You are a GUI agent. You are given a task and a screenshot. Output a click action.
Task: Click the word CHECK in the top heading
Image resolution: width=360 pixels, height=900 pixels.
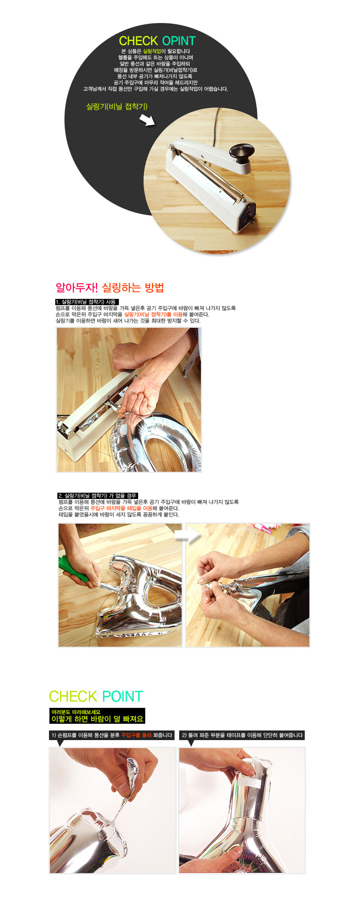coord(138,41)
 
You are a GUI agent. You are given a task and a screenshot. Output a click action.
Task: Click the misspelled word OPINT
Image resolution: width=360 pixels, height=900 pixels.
coord(179,41)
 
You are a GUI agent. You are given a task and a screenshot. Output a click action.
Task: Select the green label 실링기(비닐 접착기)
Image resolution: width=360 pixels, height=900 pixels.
coord(117,107)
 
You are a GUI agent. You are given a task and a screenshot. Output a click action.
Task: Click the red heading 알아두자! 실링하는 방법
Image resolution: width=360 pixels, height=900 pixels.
coord(110,288)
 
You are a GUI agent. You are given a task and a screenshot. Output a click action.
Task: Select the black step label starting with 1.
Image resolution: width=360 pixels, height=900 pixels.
coord(87,302)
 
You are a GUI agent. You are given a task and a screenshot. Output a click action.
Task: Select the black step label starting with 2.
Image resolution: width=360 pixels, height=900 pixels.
coord(98,496)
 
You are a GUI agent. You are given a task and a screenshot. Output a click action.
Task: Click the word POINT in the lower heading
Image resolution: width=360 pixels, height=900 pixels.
coord(123,697)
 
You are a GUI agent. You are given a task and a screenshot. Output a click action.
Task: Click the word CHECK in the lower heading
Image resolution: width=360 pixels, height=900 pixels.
coord(73,697)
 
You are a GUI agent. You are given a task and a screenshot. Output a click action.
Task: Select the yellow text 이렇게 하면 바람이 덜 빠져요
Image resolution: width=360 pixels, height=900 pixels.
coord(97,719)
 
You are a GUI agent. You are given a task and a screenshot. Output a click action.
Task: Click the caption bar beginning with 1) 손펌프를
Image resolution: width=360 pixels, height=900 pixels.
coord(112,735)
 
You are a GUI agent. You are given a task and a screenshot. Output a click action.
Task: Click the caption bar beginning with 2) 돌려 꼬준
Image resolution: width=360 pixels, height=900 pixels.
coord(242,735)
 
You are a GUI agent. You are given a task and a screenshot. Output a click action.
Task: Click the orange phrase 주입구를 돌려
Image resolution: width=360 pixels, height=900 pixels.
coord(136,735)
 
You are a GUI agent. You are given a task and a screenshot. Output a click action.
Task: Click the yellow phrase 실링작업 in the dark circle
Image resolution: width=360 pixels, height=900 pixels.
coord(152,51)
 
